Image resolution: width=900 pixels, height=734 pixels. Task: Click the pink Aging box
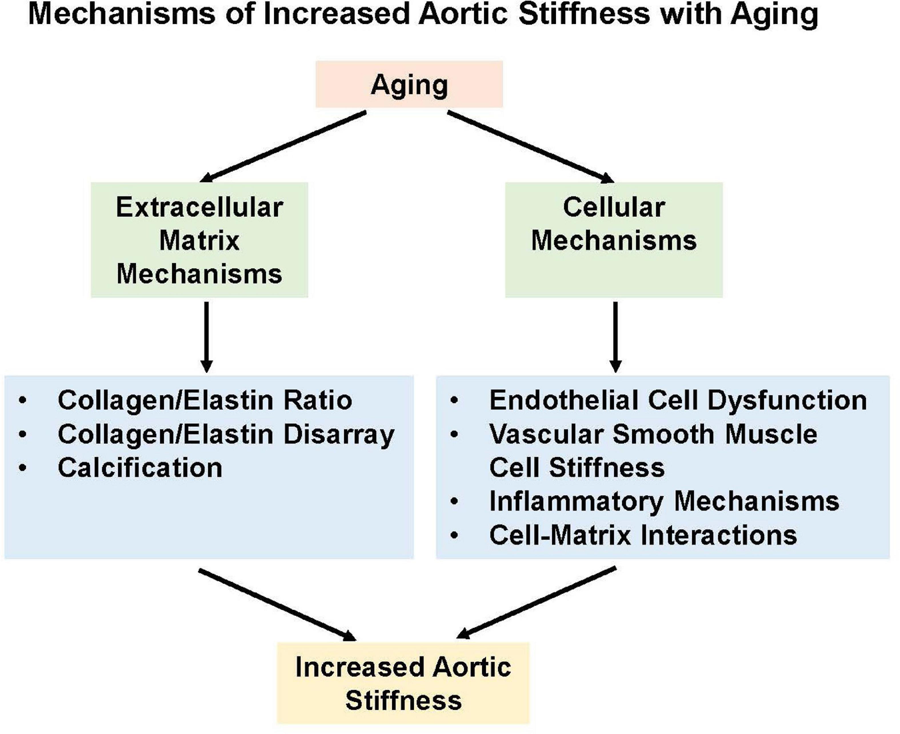pos(409,85)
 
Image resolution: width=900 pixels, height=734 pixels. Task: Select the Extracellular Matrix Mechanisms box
pos(199,240)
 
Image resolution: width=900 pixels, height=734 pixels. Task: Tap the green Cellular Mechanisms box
pos(613,240)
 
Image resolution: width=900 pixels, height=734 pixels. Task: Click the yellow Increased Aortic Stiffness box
pos(403,683)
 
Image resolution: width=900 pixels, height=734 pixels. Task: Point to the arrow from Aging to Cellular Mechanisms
pos(530,146)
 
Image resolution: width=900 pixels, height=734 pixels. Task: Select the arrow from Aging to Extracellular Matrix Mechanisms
pos(283,146)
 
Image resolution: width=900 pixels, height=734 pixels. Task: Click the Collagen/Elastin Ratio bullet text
pos(205,400)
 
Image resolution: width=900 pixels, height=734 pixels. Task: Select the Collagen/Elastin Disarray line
pos(226,434)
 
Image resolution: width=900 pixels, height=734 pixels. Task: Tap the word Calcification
pos(140,468)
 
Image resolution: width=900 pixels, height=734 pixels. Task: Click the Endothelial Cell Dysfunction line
pos(678,400)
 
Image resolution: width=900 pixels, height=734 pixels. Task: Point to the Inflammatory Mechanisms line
pos(664,501)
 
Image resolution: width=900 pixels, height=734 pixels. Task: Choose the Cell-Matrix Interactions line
pos(643,535)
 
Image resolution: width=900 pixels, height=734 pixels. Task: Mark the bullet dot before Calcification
pos(23,468)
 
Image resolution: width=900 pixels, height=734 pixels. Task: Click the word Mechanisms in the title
pos(121,15)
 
